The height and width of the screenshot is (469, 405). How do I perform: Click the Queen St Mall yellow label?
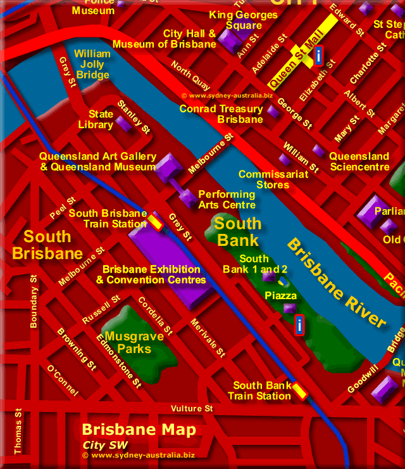click(x=293, y=65)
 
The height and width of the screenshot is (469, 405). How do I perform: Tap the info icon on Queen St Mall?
click(x=318, y=56)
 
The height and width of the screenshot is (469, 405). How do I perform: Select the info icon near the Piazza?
click(x=299, y=324)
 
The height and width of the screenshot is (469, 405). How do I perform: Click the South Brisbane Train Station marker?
click(x=156, y=222)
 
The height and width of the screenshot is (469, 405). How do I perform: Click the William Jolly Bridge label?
click(x=92, y=65)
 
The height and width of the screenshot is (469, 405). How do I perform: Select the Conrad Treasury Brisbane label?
click(x=221, y=114)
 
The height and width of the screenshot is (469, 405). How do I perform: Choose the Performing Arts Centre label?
click(x=227, y=200)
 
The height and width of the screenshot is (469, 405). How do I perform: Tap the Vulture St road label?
click(x=192, y=409)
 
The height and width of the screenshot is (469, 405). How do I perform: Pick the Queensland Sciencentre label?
click(x=359, y=162)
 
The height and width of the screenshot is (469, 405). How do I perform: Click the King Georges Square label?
click(x=244, y=20)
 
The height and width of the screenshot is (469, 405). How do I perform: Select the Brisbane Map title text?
click(x=139, y=430)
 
